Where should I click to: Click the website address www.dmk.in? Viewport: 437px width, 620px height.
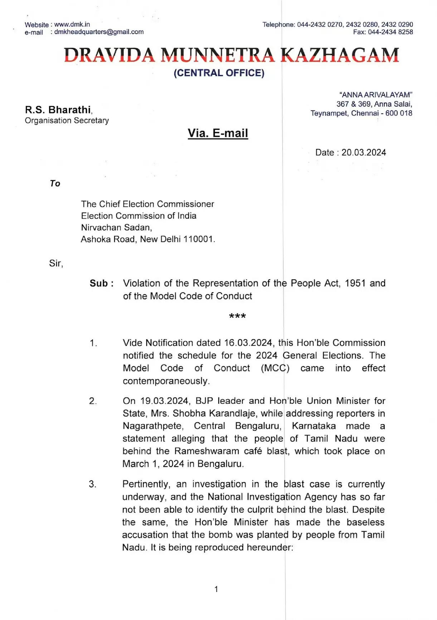72,25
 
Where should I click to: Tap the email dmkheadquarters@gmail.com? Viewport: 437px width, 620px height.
99,32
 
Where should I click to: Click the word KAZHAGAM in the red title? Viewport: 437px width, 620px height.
340,55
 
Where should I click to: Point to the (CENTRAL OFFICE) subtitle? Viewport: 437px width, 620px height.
219,73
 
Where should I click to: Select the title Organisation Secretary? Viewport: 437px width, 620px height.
67,120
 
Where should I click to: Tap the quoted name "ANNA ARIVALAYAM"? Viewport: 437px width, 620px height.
376,95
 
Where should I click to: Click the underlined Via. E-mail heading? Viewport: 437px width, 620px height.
218,133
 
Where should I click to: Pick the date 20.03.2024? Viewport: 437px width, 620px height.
364,153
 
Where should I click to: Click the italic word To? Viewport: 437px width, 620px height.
55,183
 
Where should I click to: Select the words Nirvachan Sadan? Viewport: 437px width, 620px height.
116,227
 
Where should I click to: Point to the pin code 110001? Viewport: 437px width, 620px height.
198,239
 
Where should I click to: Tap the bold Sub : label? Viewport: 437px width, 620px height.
102,284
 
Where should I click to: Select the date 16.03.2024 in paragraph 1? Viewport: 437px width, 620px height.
248,343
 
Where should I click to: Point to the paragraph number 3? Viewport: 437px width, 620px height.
92,484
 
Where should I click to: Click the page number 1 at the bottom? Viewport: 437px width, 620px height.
216,589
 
